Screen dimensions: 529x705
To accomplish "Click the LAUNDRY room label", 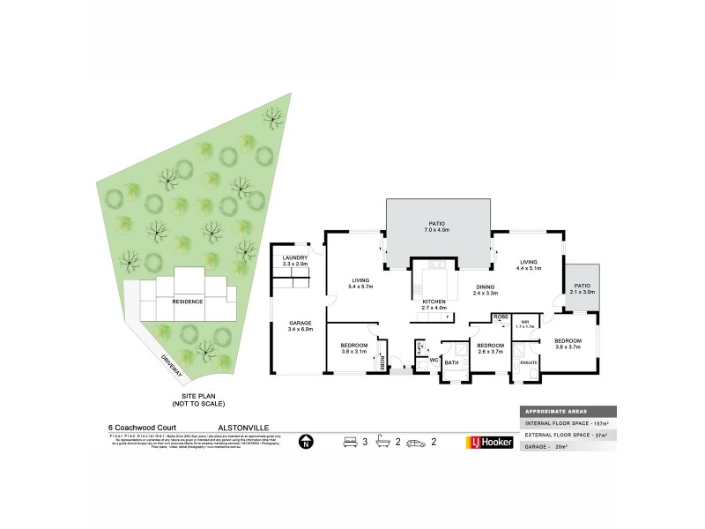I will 294,257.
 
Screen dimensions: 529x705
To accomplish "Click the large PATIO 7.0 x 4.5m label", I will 439,227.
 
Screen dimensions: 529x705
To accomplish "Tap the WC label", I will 434,360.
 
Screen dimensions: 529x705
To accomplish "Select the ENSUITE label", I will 529,362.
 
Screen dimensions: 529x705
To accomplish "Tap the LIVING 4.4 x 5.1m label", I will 529,264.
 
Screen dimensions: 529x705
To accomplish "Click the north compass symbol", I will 306,442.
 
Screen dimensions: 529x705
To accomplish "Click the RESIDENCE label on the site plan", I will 187,302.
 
